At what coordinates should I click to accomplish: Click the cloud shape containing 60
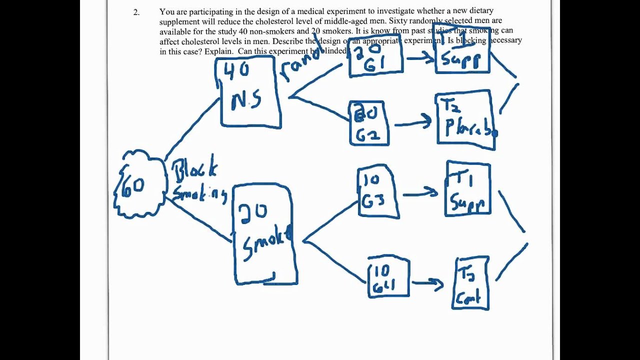[x=139, y=185]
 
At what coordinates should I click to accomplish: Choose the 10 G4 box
[x=388, y=277]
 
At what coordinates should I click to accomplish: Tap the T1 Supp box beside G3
[x=468, y=189]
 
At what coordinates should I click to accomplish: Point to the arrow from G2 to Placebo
[x=413, y=121]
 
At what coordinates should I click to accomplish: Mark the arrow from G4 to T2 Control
[x=427, y=283]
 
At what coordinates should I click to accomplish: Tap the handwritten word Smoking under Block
[x=199, y=193]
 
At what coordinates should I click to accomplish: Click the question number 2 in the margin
[x=136, y=12]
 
